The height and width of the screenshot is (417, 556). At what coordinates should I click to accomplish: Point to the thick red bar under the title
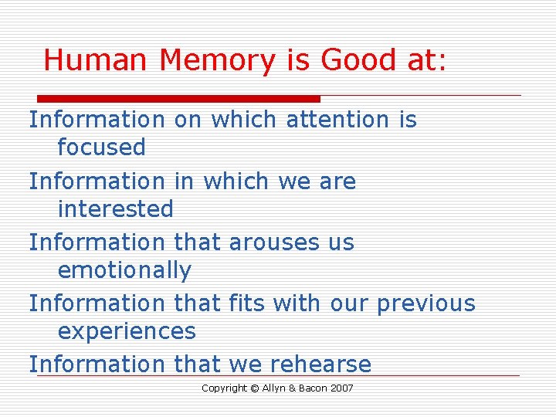(179, 99)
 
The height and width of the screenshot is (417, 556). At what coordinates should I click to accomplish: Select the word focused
(101, 147)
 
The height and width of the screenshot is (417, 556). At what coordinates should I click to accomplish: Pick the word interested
(116, 208)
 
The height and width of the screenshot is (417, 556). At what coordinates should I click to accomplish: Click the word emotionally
(124, 271)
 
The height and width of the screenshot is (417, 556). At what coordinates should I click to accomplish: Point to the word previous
(425, 303)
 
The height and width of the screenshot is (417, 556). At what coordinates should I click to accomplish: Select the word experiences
(127, 332)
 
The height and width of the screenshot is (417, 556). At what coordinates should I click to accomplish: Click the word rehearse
(320, 364)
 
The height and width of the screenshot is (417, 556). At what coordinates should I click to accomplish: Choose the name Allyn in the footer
(276, 388)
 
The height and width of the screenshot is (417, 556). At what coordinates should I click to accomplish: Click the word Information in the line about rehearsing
(97, 364)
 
